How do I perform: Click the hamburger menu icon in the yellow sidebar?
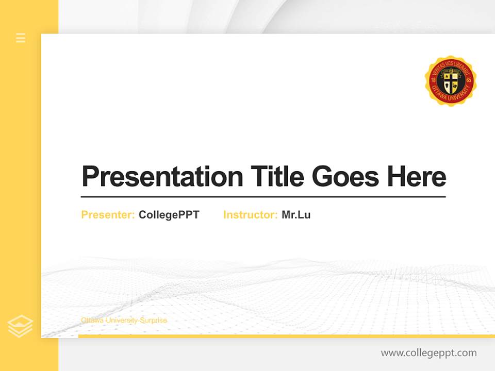(21, 38)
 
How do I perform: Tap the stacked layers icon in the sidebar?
(20, 326)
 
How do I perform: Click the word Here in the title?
(417, 177)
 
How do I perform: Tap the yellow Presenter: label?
(108, 215)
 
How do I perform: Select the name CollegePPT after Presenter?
(169, 215)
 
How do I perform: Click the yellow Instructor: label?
(250, 215)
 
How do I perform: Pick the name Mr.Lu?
(296, 215)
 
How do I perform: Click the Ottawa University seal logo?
(451, 81)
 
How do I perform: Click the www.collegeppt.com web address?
(428, 353)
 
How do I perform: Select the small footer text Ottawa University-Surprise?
(124, 321)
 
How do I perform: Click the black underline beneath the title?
(263, 196)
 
